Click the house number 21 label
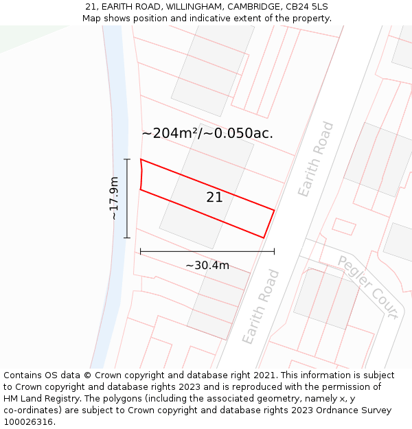point(214,198)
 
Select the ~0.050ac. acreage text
point(240,133)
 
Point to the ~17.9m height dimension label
point(114,198)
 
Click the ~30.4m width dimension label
point(207,265)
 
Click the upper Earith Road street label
point(316,159)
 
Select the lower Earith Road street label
point(261,307)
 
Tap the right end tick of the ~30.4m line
point(274,252)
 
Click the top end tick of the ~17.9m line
point(127,159)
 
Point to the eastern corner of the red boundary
point(274,210)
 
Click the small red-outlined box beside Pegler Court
point(344,227)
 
